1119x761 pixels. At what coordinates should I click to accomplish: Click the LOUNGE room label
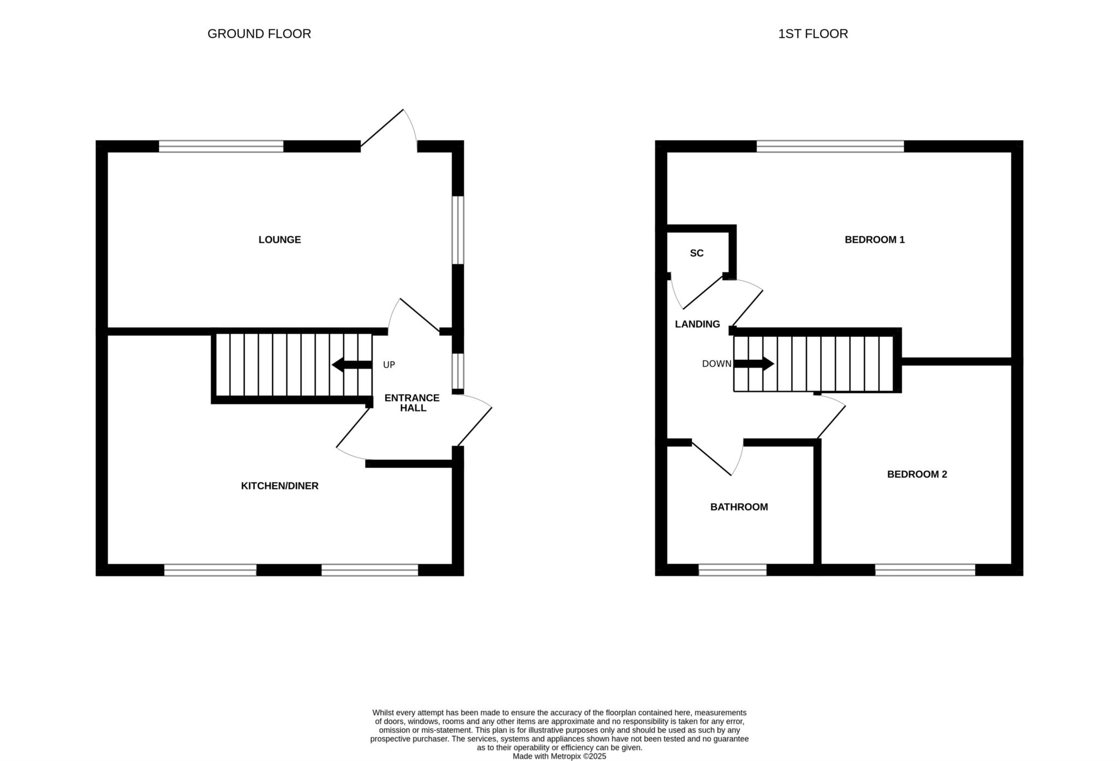280,240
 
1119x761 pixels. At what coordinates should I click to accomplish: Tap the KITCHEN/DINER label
280,486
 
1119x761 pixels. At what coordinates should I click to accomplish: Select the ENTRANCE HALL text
412,403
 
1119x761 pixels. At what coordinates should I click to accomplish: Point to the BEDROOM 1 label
875,240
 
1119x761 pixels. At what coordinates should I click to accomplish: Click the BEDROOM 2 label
917,474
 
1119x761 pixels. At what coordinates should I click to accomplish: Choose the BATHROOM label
739,507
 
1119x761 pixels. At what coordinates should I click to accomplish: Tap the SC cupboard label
697,253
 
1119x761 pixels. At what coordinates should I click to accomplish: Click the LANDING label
697,324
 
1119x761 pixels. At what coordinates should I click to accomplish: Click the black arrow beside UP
352,365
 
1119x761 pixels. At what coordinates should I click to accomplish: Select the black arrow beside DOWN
753,364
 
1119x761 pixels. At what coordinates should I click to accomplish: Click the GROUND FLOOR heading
259,34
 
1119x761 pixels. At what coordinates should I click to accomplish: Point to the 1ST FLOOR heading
813,34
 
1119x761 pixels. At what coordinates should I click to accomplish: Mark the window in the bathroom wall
733,570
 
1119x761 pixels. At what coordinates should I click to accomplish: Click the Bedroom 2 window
925,570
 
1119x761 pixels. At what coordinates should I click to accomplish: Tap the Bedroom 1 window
831,146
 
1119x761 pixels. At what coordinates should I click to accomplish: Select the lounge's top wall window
221,146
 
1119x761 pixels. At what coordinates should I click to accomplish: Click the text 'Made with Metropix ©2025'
559,757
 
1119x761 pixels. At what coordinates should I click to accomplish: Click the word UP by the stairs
389,365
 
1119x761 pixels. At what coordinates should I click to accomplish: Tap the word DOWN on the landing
716,364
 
